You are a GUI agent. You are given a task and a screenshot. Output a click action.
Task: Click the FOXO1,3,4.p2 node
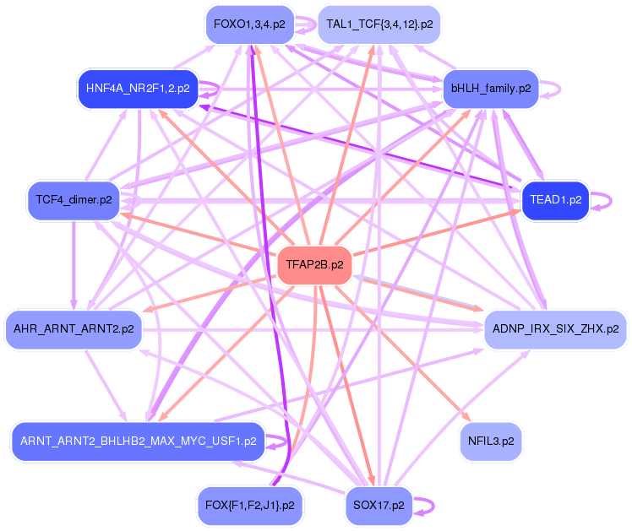tap(249, 24)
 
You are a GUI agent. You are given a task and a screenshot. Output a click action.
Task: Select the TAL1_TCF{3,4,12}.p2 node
tap(379, 24)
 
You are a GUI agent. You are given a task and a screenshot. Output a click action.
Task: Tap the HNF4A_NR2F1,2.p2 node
tap(137, 88)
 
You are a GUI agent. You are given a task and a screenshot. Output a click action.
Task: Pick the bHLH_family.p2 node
tap(490, 88)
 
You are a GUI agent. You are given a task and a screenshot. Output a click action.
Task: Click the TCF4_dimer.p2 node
tap(74, 200)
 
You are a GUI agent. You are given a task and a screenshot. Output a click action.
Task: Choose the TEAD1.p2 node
tap(555, 200)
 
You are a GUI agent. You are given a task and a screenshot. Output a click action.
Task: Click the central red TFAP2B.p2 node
tap(314, 265)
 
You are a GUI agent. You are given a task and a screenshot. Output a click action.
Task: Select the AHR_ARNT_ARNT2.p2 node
tap(74, 328)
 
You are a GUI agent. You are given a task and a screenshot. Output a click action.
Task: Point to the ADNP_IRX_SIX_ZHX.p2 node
tap(554, 328)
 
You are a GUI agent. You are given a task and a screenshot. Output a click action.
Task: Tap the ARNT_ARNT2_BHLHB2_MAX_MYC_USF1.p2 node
tap(139, 442)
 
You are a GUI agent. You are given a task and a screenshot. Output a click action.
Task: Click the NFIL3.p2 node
tap(490, 442)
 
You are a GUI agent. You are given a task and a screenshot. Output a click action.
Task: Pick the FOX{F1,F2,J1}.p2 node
tap(249, 506)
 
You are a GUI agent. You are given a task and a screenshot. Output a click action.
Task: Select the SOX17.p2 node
tap(379, 506)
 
